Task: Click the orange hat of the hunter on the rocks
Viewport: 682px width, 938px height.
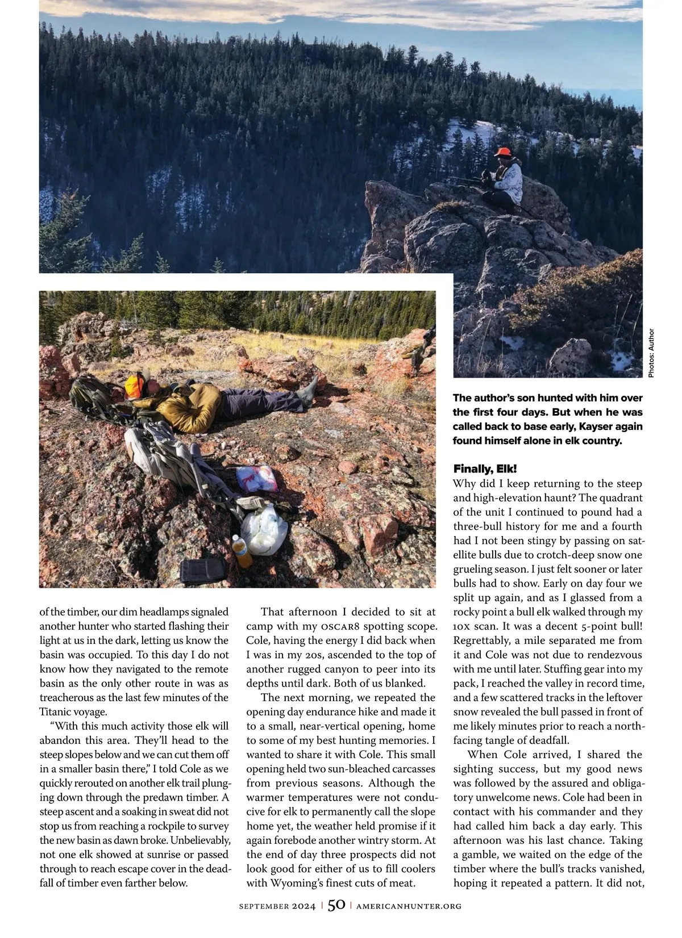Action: [x=502, y=152]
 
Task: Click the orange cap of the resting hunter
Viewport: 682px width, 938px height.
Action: [x=134, y=387]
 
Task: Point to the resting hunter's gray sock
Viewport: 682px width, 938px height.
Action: [x=309, y=391]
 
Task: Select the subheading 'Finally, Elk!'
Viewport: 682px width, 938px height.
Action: [x=485, y=469]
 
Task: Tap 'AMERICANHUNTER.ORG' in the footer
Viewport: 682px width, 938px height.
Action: [x=409, y=907]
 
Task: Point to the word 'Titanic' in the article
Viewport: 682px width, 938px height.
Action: [x=57, y=712]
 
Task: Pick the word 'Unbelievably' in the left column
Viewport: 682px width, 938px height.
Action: [x=200, y=840]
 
